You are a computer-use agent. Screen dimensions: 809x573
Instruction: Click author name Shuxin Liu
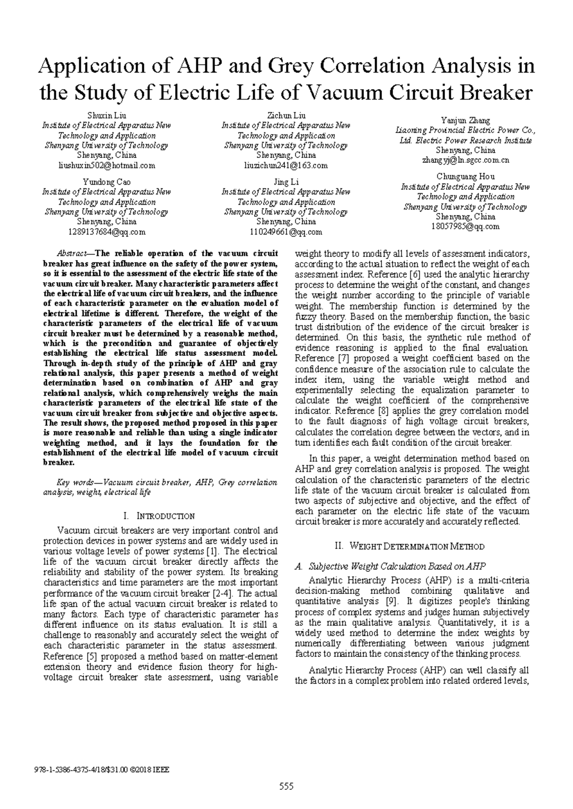click(x=106, y=116)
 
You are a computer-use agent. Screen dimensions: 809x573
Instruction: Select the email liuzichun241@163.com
click(x=286, y=166)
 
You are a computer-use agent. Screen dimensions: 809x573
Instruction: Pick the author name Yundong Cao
click(x=106, y=182)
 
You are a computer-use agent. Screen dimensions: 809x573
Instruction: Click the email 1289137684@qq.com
click(x=106, y=232)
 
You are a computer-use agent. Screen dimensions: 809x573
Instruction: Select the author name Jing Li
click(x=286, y=182)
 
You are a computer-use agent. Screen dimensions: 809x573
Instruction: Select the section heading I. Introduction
click(x=159, y=516)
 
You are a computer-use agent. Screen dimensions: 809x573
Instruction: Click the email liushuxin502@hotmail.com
click(x=106, y=166)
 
